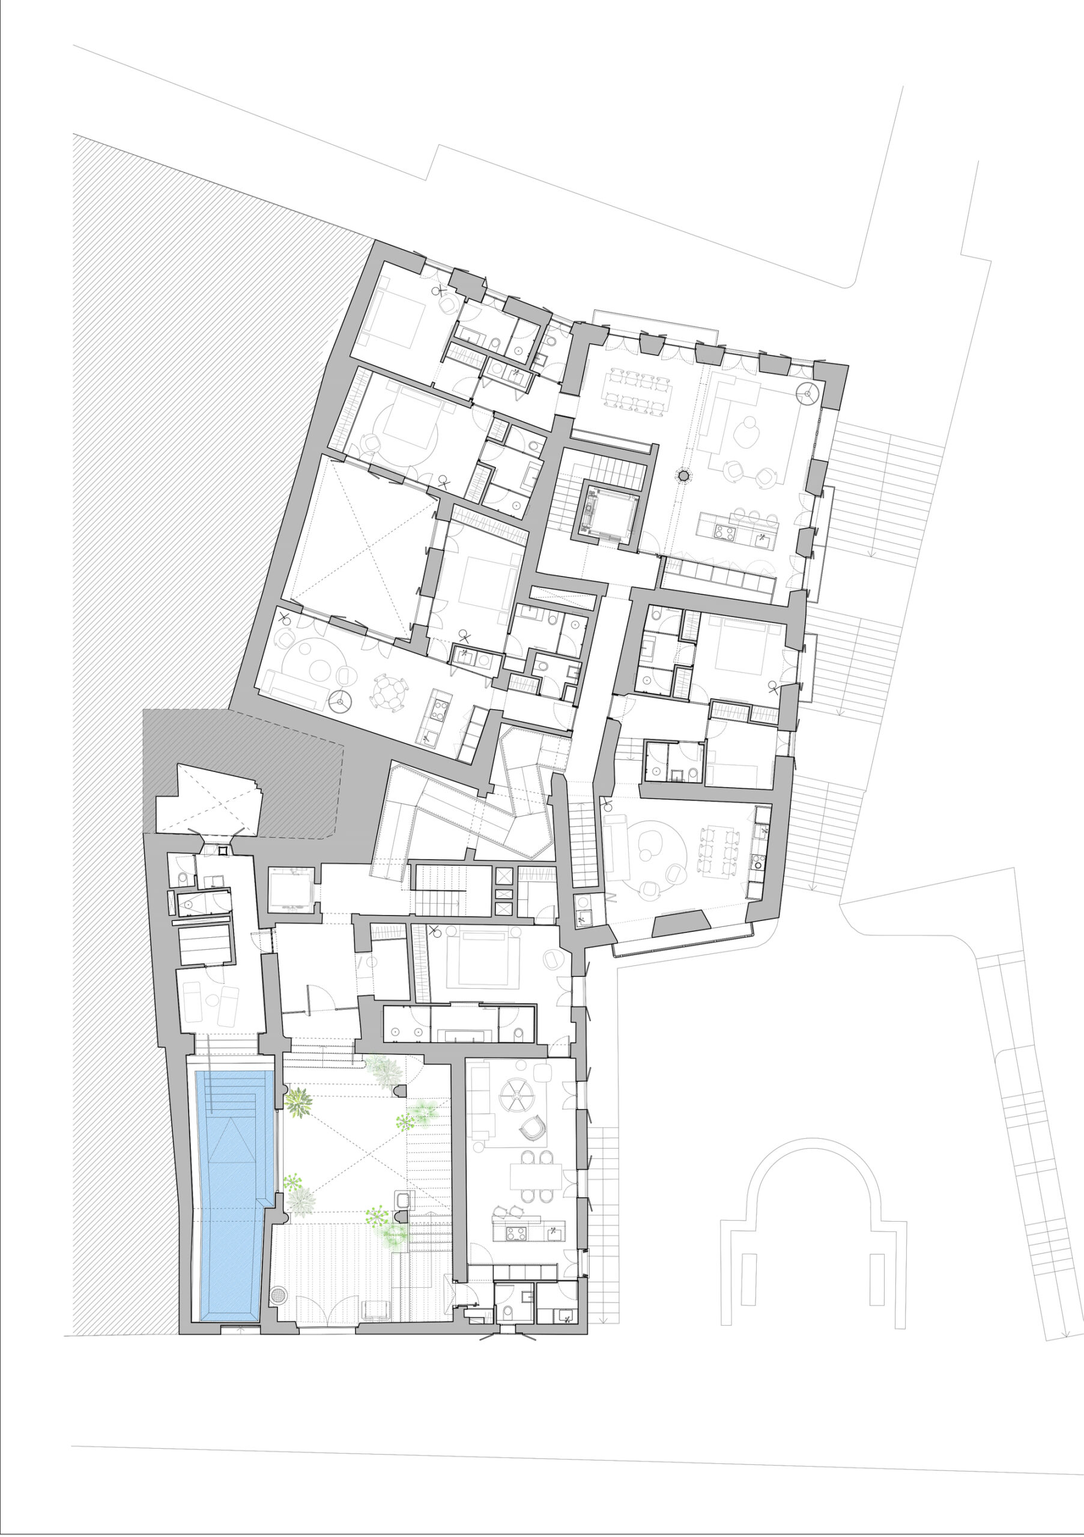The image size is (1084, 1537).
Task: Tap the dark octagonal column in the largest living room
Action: [683, 476]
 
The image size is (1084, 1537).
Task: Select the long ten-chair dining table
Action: [637, 391]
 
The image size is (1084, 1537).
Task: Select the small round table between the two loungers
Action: [213, 1000]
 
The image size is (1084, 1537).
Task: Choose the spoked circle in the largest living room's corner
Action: [808, 394]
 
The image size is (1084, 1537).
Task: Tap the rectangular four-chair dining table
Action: [536, 1176]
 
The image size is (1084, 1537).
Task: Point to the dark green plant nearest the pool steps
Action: [297, 1100]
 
